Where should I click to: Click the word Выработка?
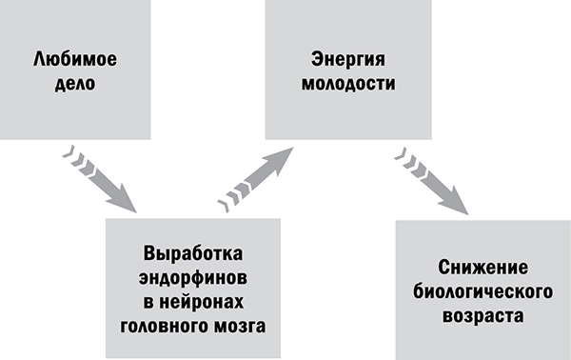tap(193, 254)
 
